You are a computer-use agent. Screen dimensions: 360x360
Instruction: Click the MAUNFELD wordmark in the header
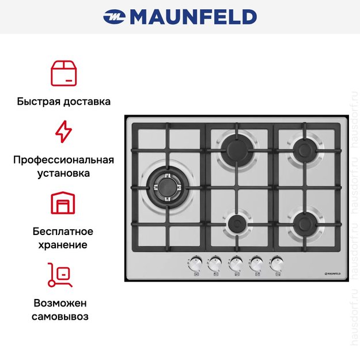[192, 17]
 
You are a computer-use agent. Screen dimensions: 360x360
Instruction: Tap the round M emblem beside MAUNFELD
[113, 17]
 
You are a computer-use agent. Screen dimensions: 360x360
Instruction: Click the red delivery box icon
[64, 73]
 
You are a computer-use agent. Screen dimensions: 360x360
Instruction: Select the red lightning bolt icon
[63, 131]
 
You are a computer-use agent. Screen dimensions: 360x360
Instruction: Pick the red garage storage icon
[63, 203]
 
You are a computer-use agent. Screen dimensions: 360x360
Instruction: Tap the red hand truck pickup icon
[60, 275]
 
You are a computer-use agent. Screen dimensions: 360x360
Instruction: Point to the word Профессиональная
[63, 160]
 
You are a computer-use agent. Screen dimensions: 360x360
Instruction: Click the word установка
[63, 172]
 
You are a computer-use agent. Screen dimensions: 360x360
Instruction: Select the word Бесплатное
[63, 232]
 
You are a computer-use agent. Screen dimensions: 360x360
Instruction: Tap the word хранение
[63, 244]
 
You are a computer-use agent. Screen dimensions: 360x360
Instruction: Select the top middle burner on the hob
[236, 148]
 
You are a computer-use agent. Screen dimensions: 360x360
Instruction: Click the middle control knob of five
[236, 263]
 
